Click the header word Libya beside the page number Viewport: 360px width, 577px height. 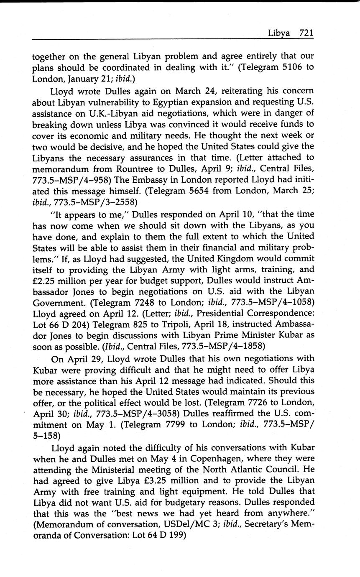(x=279, y=33)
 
